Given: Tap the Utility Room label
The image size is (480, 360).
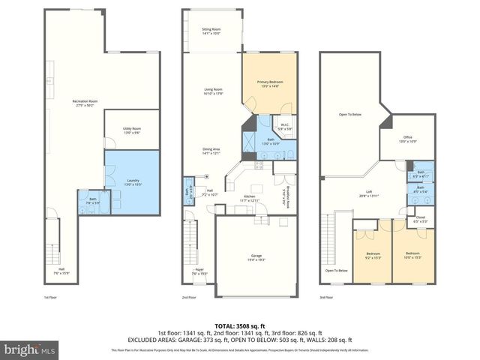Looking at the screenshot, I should pos(132,131).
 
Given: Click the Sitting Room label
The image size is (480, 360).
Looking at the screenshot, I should pos(211,31).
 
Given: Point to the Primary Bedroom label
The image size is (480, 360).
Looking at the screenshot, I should pos(269,85).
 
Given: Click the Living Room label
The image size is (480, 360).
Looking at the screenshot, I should pos(214,91).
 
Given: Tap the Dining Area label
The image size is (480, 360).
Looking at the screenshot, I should pos(211,151).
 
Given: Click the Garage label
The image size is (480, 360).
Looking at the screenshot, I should pos(256,257).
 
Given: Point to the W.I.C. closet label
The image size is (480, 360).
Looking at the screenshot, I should pos(285,126).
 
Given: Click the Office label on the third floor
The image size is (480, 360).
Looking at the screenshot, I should pos(408,139).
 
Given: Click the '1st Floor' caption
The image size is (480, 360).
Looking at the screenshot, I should pos(51,297).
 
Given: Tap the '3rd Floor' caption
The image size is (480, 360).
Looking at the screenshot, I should pos(327,297).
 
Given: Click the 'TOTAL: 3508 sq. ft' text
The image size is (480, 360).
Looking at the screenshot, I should pos(239,324).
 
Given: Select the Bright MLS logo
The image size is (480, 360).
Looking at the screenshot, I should pos(28,349).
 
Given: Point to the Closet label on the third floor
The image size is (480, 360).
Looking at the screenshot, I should pos(421,219).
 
